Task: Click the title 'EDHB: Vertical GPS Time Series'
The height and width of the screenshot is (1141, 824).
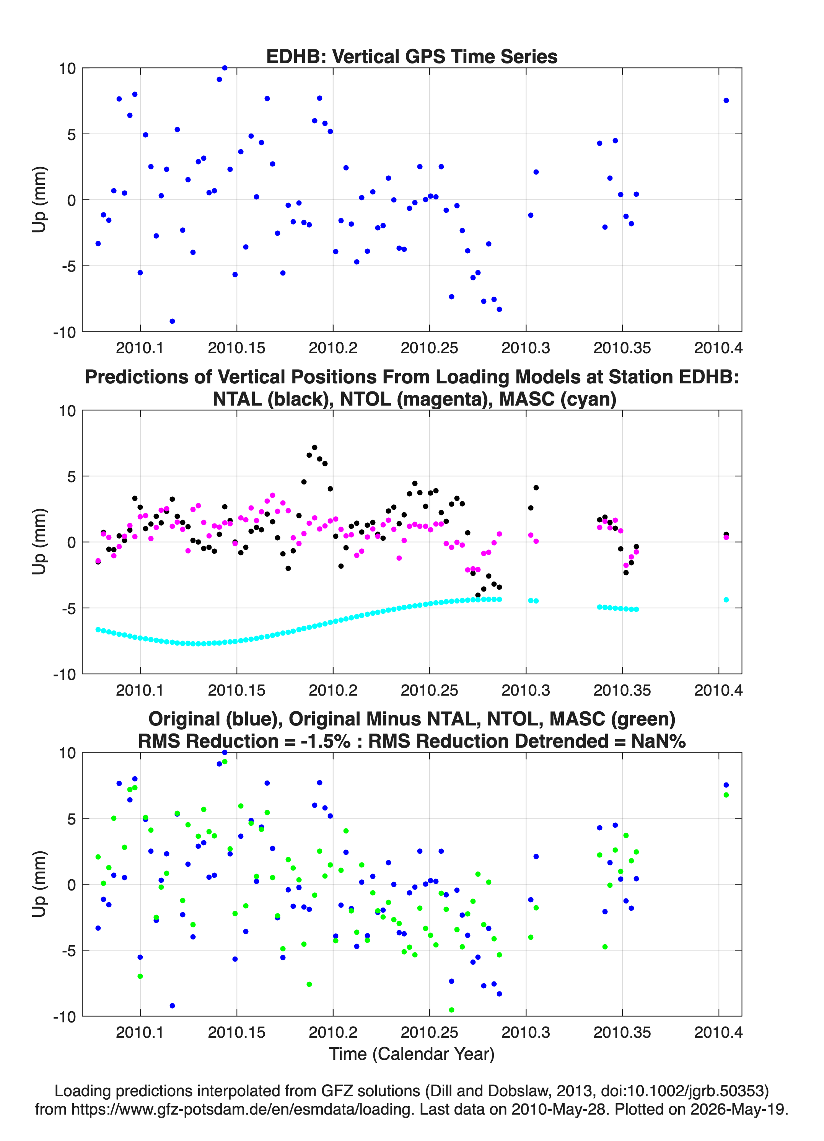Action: pyautogui.click(x=412, y=56)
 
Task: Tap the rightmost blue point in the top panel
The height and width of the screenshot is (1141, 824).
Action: pyautogui.click(x=726, y=101)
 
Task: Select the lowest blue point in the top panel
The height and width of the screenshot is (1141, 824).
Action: pyautogui.click(x=172, y=321)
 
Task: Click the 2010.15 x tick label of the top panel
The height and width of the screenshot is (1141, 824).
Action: pyautogui.click(x=236, y=348)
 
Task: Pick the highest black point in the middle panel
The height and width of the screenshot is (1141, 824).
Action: pyautogui.click(x=314, y=447)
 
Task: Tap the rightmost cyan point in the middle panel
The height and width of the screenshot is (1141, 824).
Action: pyautogui.click(x=726, y=600)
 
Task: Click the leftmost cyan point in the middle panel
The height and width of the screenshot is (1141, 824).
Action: pyautogui.click(x=98, y=629)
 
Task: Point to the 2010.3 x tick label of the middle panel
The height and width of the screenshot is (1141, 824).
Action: pyautogui.click(x=526, y=690)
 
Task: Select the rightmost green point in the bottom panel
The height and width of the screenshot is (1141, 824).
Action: pyautogui.click(x=726, y=795)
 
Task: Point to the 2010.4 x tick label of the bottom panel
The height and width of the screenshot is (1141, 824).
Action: pyautogui.click(x=718, y=1032)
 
